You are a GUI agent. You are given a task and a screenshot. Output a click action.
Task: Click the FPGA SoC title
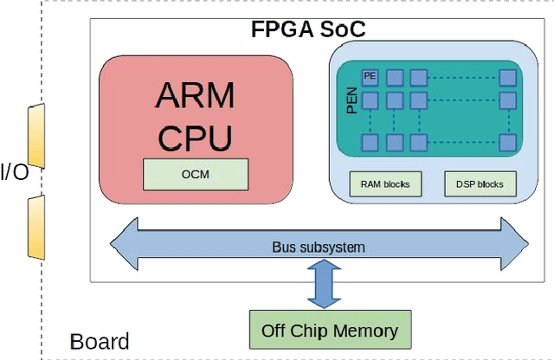click(x=308, y=29)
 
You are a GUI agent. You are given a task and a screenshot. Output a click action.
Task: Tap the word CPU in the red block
click(x=195, y=137)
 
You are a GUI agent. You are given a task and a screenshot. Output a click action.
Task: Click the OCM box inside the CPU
click(x=195, y=174)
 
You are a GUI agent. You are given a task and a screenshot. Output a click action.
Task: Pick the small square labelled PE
click(x=370, y=77)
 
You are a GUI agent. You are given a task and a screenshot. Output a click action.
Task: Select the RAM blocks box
click(x=384, y=183)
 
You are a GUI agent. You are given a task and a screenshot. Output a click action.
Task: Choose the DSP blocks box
click(x=480, y=183)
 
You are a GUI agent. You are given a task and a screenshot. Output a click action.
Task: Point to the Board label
click(x=100, y=341)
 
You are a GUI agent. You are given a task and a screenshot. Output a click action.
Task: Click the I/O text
click(x=14, y=171)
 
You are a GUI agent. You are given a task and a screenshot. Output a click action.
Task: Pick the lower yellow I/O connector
click(x=35, y=227)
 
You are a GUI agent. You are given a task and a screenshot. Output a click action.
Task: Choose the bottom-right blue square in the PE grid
click(x=511, y=141)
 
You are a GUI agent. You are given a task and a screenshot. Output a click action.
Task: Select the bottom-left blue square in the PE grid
click(x=370, y=141)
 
